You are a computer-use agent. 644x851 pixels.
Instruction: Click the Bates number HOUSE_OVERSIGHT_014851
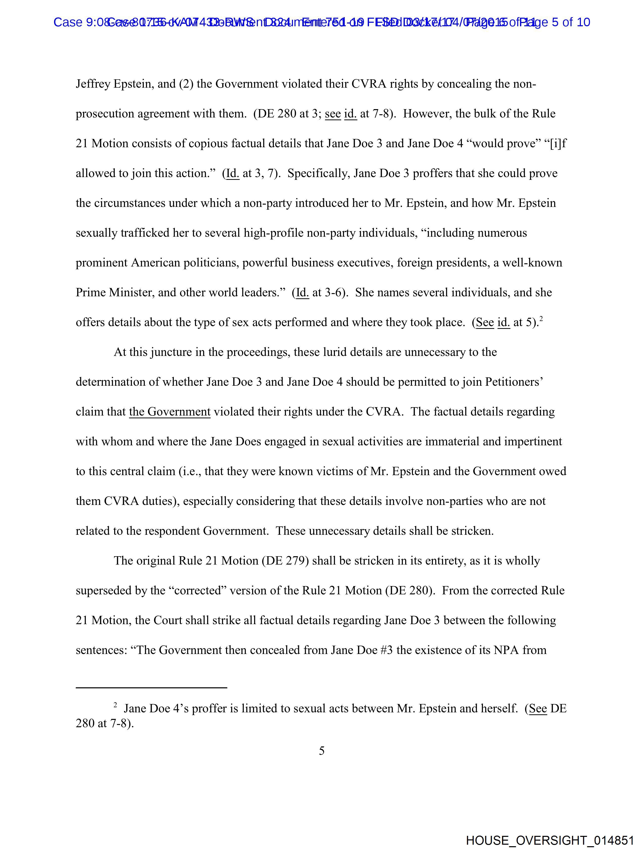pyautogui.click(x=550, y=840)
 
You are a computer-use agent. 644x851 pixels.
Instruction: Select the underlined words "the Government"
pyautogui.click(x=170, y=412)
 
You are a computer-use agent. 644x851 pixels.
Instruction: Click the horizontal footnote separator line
pyautogui.click(x=151, y=687)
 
